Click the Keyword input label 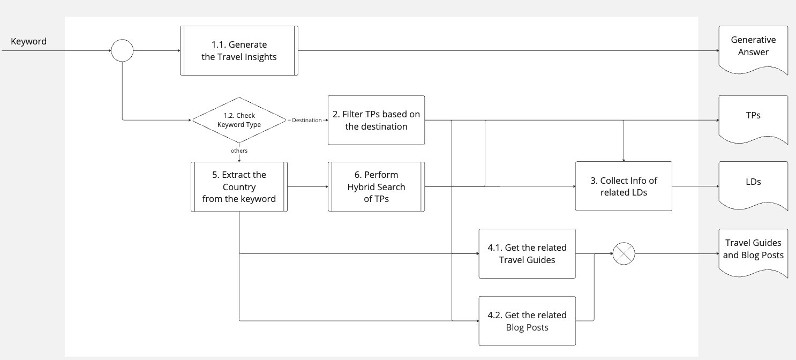pos(28,41)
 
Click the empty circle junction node pos(122,51)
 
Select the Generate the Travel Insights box pos(239,51)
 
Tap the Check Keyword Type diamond pos(239,120)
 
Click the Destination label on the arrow pos(306,120)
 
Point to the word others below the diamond pos(239,151)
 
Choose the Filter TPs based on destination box pos(376,120)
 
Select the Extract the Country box pos(239,186)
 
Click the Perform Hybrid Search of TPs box pos(376,186)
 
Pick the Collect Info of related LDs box pos(624,186)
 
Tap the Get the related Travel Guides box pos(527,254)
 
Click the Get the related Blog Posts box pos(527,320)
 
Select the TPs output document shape pos(753,116)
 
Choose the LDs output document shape pos(753,183)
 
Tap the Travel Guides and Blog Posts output pos(753,250)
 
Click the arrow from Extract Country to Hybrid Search pos(307,186)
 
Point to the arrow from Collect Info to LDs pos(695,186)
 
